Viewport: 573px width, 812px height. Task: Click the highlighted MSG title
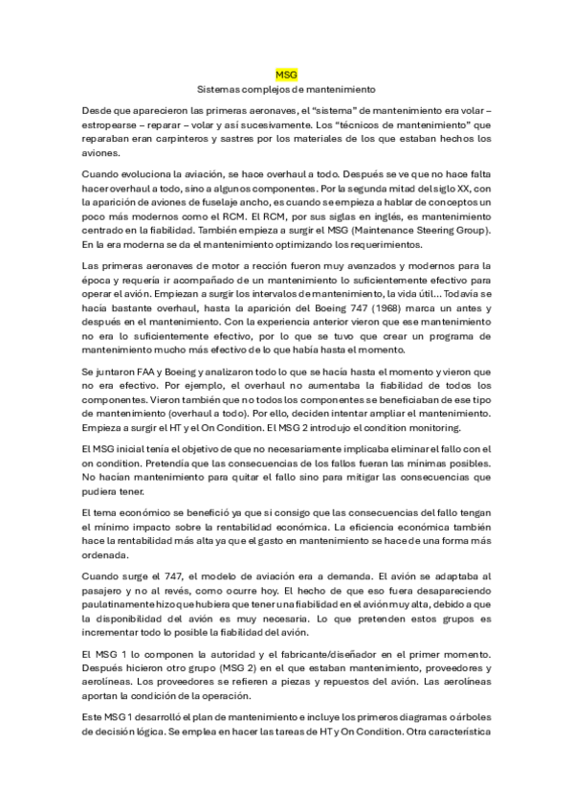(286, 73)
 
